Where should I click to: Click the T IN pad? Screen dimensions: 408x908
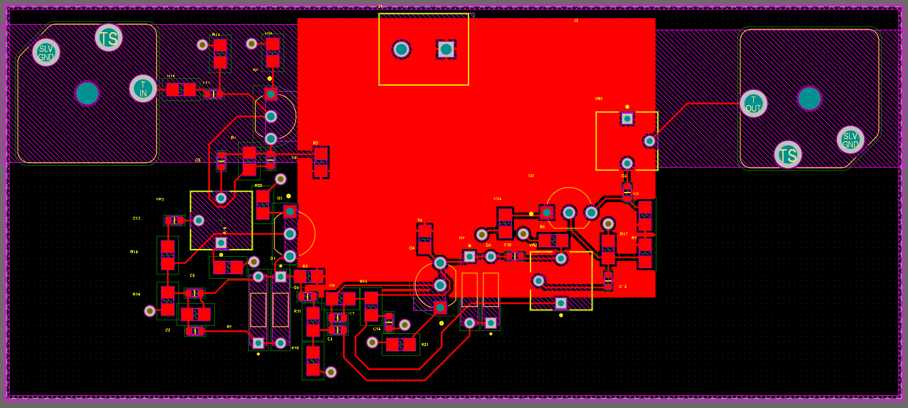pyautogui.click(x=143, y=89)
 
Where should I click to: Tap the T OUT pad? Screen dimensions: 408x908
pyautogui.click(x=753, y=104)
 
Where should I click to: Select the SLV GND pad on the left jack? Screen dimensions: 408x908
pyautogui.click(x=46, y=53)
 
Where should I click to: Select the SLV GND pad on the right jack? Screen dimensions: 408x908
pyautogui.click(x=850, y=140)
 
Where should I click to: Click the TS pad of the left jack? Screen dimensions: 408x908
pyautogui.click(x=109, y=38)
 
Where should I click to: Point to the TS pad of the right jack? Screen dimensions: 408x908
pyautogui.click(x=788, y=155)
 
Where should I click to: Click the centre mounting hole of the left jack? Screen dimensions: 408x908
pyautogui.click(x=87, y=93)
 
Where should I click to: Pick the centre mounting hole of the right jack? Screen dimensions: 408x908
pyautogui.click(x=809, y=99)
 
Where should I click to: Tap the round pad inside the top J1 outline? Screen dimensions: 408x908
pyautogui.click(x=401, y=49)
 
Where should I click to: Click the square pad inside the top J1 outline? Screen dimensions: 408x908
pyautogui.click(x=446, y=49)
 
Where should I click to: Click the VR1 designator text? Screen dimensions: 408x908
pyautogui.click(x=598, y=98)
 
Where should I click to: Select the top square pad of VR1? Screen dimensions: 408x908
pyautogui.click(x=627, y=118)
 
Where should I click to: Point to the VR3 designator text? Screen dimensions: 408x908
pyautogui.click(x=160, y=199)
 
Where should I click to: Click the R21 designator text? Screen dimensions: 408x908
pyautogui.click(x=425, y=344)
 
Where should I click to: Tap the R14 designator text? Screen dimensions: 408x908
pyautogui.click(x=136, y=294)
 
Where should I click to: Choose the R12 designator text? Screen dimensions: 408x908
pyautogui.click(x=134, y=251)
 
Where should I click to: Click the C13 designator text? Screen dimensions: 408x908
pyautogui.click(x=137, y=218)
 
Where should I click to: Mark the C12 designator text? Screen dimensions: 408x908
pyautogui.click(x=623, y=286)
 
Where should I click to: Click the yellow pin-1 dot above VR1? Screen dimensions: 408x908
pyautogui.click(x=627, y=106)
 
